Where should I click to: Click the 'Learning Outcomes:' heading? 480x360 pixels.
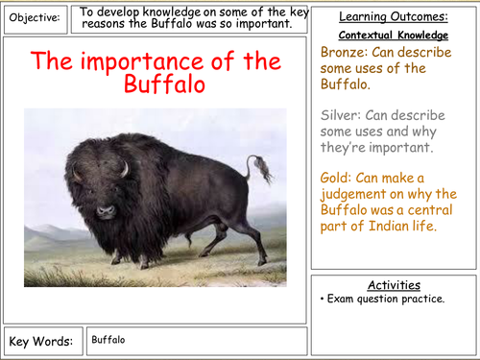pos(394,17)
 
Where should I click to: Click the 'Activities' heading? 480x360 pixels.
pos(394,285)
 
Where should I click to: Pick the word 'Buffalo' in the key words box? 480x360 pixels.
pos(109,339)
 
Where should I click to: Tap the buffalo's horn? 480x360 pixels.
pos(123,169)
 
